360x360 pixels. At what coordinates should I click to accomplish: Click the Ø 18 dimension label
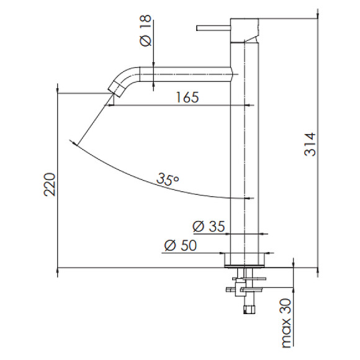[x=146, y=30]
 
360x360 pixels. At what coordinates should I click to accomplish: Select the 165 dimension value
[x=187, y=97]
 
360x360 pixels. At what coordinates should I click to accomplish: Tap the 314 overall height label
[x=310, y=144]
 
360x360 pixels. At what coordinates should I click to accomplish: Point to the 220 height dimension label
[x=50, y=184]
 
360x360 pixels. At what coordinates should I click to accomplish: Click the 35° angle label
[x=168, y=179]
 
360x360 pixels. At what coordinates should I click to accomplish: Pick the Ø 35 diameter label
[x=209, y=227]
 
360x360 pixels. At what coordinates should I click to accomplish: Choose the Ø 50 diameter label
[x=181, y=245]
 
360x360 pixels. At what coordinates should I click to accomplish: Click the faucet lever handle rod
[x=214, y=28]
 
